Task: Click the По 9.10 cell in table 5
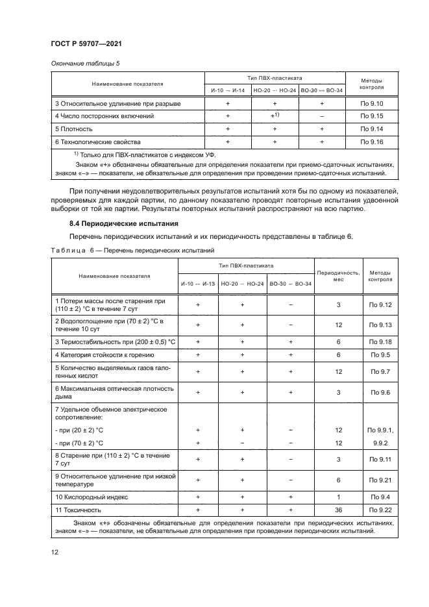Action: pyautogui.click(x=373, y=103)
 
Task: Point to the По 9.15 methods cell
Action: pyautogui.click(x=373, y=116)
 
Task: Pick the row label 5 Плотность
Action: pyautogui.click(x=73, y=129)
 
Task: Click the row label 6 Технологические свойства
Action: pyautogui.click(x=97, y=141)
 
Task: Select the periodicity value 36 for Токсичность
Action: pyautogui.click(x=338, y=510)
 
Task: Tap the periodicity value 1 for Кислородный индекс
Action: pyautogui.click(x=338, y=497)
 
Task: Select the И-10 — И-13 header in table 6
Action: pyautogui.click(x=198, y=284)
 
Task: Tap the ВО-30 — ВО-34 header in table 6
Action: pyautogui.click(x=290, y=284)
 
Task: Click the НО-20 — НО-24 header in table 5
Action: pyautogui.click(x=274, y=90)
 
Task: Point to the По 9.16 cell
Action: pyautogui.click(x=373, y=141)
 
